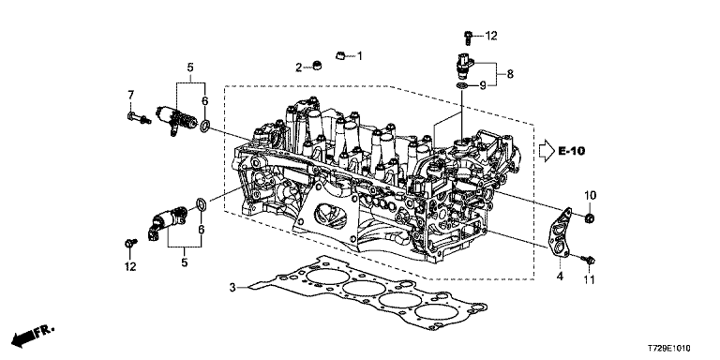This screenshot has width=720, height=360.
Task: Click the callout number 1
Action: [x=360, y=56]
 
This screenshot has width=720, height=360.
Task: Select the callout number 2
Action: [x=298, y=67]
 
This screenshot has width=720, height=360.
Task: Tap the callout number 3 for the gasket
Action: [x=232, y=288]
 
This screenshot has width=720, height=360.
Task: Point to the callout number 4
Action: [x=560, y=277]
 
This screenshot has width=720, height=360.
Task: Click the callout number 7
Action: [x=131, y=95]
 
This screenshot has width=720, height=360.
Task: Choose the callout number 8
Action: [x=510, y=73]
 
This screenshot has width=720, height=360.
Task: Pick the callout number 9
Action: [x=483, y=85]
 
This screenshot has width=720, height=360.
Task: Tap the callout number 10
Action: [x=590, y=195]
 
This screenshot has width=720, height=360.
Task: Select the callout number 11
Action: [x=589, y=279]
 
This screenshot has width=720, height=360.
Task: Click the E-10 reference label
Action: [x=572, y=151]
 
